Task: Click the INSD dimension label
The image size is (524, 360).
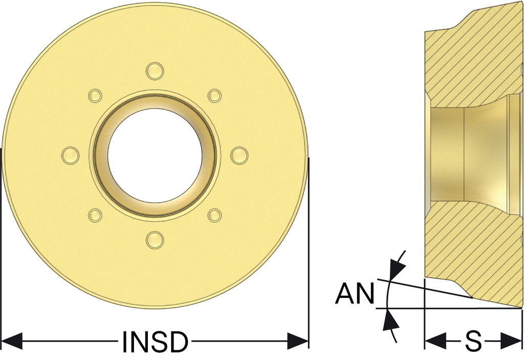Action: pyautogui.click(x=154, y=342)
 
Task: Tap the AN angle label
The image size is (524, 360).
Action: pyautogui.click(x=355, y=293)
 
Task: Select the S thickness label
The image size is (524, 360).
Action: pyautogui.click(x=473, y=342)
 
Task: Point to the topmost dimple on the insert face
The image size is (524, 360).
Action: pyautogui.click(x=155, y=71)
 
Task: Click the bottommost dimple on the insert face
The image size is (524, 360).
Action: pyautogui.click(x=155, y=240)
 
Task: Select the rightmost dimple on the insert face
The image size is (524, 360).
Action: pyautogui.click(x=239, y=156)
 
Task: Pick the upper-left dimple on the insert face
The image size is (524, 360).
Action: pyautogui.click(x=95, y=96)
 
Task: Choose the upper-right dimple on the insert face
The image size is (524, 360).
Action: pyautogui.click(x=214, y=96)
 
